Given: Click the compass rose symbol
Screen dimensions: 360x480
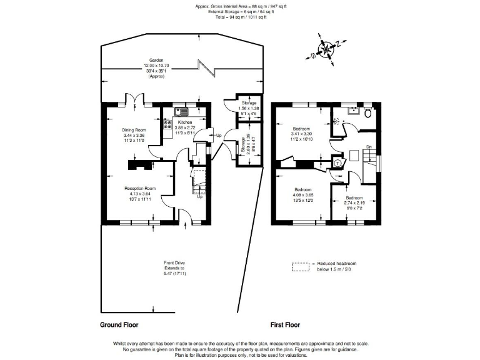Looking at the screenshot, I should click(x=326, y=48).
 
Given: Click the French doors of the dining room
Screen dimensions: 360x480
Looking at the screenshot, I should click(x=135, y=101).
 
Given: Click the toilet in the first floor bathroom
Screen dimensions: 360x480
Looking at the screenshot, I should click(x=367, y=114).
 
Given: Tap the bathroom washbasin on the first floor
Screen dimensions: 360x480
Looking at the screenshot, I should click(x=353, y=111).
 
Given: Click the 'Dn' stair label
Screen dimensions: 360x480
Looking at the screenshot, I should click(x=369, y=147).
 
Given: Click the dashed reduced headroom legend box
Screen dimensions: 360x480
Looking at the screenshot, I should click(x=301, y=267).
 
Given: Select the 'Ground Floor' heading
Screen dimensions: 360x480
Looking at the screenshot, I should click(x=119, y=325).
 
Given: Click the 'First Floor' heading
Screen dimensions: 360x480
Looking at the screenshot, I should click(x=285, y=325).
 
